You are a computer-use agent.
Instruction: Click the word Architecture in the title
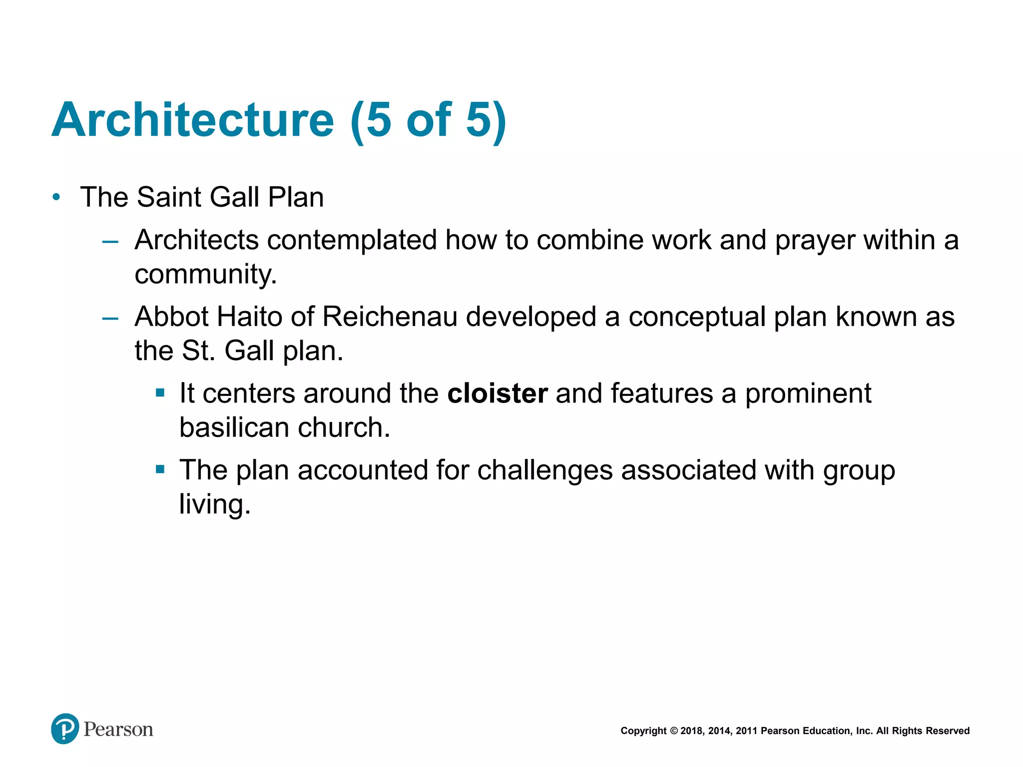click(192, 120)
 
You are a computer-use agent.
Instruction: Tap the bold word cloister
click(497, 393)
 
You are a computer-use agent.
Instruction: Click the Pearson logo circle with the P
click(65, 729)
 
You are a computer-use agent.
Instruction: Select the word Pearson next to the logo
click(118, 730)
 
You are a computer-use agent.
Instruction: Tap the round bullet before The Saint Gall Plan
click(56, 197)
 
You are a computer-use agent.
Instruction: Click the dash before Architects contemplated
click(110, 242)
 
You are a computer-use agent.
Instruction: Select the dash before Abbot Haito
click(110, 319)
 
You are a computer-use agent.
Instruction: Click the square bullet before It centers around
click(160, 393)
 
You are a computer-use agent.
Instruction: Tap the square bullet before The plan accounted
click(160, 469)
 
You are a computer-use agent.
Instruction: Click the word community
click(205, 275)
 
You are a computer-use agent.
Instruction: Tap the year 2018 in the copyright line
click(691, 731)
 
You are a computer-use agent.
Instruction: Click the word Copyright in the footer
click(643, 731)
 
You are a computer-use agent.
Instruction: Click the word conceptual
click(696, 318)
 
